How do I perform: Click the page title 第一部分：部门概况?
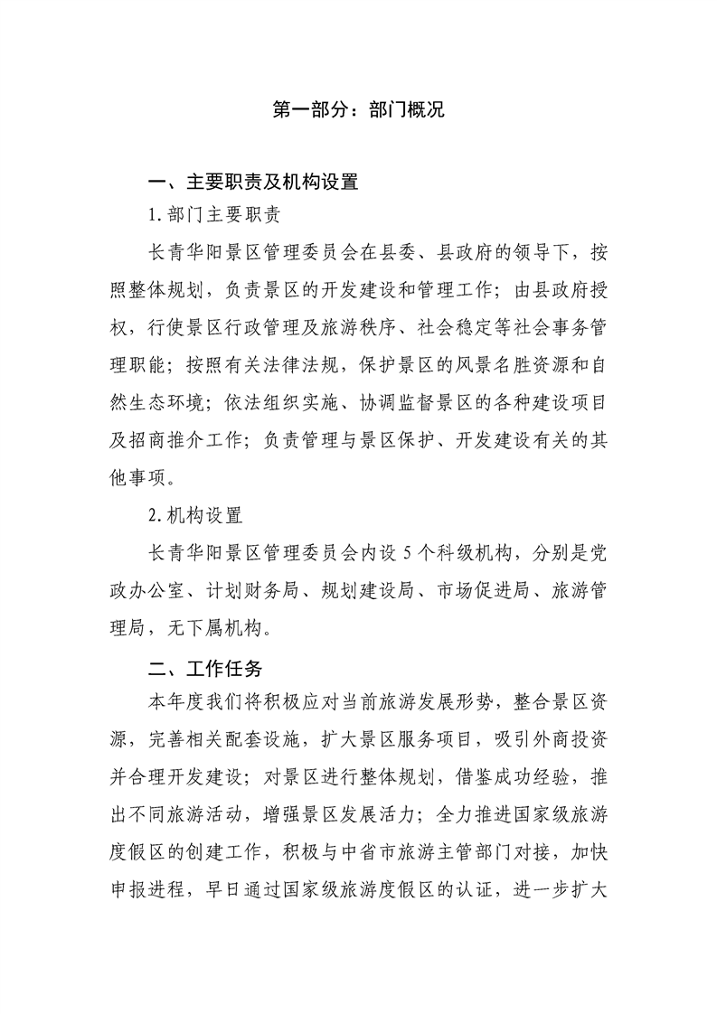(x=358, y=111)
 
